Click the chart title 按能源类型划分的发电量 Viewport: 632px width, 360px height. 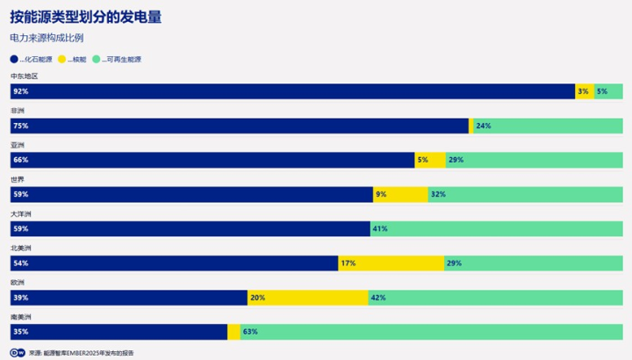(85, 17)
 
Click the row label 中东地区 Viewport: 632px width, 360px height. (24, 76)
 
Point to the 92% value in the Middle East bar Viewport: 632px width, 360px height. (20, 92)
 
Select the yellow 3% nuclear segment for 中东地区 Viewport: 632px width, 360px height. (584, 92)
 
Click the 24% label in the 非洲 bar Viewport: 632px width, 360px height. (483, 126)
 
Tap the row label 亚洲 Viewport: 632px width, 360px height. (18, 144)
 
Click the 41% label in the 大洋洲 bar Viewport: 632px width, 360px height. (379, 229)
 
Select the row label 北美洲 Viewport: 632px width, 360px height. (21, 248)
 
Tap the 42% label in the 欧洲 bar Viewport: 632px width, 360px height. (378, 298)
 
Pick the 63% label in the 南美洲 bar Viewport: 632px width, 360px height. (249, 332)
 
